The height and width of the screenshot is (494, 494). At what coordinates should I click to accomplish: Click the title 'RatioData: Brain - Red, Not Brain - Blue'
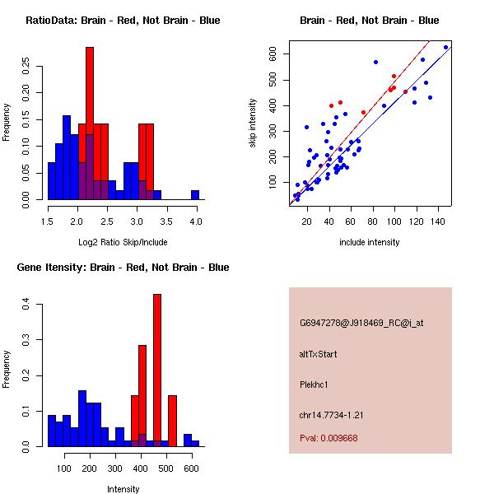(123, 21)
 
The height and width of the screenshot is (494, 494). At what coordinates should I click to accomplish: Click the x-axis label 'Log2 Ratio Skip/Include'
(123, 242)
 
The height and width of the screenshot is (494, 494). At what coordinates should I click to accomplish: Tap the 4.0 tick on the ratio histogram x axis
(195, 221)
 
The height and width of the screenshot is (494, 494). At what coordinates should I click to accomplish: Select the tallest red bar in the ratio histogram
(90, 123)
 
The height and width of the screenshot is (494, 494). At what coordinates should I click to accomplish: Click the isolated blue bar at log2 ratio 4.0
(195, 195)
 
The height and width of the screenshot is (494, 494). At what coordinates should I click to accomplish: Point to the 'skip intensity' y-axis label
(253, 123)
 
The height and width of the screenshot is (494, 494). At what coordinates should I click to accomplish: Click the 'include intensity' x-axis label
(370, 242)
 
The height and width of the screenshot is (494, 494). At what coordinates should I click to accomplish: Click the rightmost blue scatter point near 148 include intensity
(445, 47)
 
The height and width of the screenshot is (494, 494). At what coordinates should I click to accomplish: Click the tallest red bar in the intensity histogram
(157, 370)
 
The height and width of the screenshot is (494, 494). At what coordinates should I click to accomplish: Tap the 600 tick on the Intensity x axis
(191, 468)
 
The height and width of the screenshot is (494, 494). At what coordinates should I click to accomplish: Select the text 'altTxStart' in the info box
(318, 354)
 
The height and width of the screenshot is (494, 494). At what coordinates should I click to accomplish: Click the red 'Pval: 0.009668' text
(329, 438)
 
